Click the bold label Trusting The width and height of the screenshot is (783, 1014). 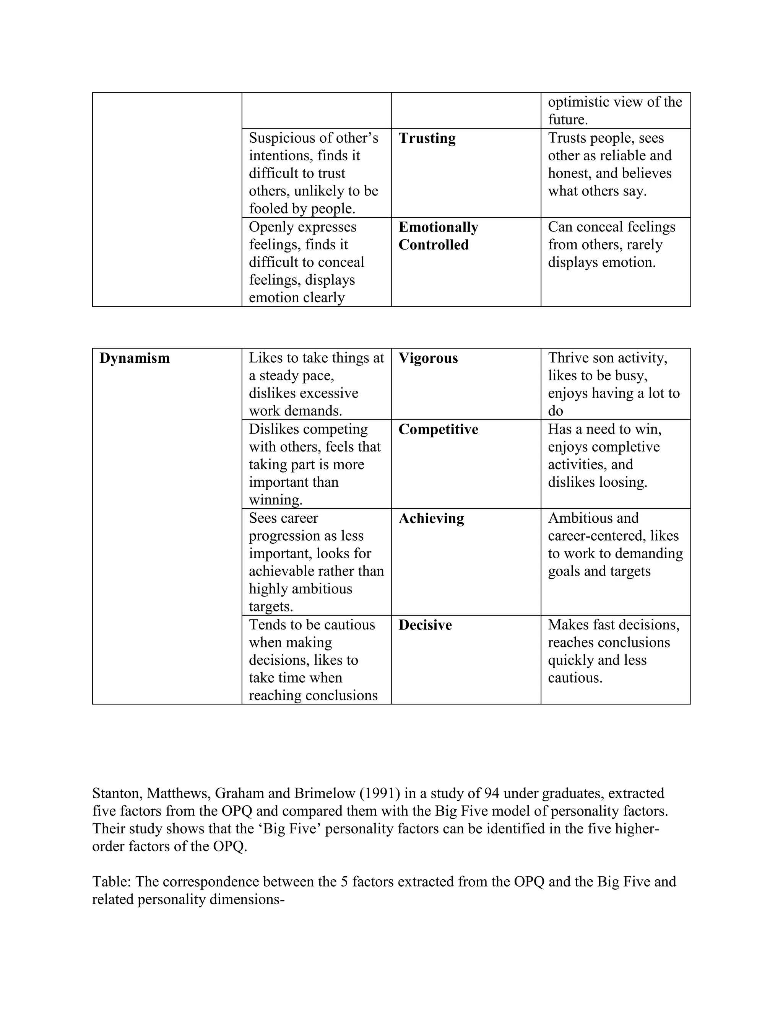click(x=427, y=139)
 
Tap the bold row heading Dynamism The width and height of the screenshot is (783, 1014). click(x=135, y=359)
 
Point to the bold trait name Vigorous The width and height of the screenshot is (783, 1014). click(x=428, y=359)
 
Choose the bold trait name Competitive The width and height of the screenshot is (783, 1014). click(x=438, y=429)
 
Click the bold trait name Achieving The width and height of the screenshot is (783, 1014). click(x=431, y=518)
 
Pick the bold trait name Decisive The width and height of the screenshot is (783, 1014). click(x=425, y=625)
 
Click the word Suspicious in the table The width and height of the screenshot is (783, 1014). click(x=281, y=139)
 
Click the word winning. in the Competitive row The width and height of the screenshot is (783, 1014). click(x=276, y=500)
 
